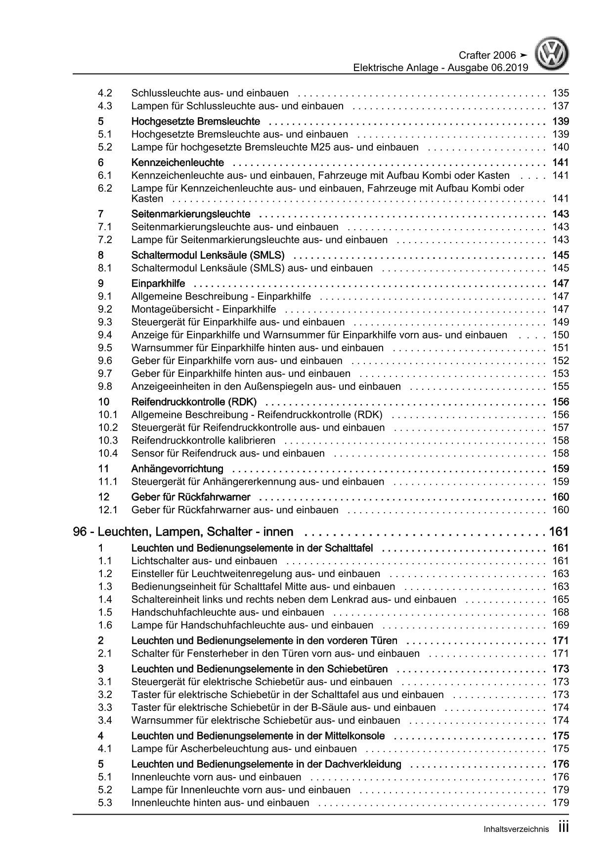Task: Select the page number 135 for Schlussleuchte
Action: coord(561,93)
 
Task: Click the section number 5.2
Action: coord(105,147)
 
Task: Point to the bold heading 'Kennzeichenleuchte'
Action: coord(177,163)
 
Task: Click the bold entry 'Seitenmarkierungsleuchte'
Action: coord(190,214)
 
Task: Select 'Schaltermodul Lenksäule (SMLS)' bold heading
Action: coord(208,255)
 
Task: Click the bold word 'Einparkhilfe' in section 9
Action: coord(158,284)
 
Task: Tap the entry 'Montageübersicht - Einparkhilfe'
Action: coord(204,309)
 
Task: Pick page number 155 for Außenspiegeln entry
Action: coord(561,386)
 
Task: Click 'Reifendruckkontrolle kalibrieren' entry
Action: coord(203,441)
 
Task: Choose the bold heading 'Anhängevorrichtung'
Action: coord(177,469)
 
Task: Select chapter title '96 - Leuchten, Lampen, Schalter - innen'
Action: coord(183,532)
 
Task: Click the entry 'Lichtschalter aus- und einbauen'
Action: coord(204,561)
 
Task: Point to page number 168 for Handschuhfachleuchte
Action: coord(561,613)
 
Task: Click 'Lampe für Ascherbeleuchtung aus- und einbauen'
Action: coord(244,749)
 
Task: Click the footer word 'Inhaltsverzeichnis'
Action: coord(516,829)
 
